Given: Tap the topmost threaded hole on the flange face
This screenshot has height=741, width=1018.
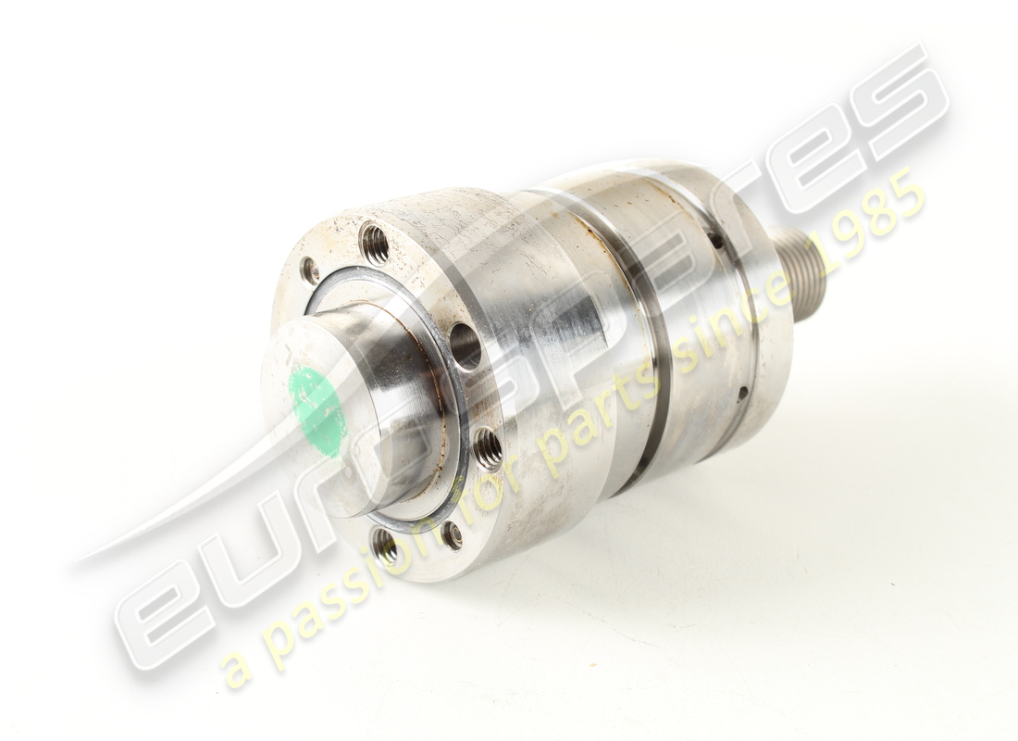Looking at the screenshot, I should [375, 244].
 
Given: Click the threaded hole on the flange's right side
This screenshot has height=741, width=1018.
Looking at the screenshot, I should [487, 448].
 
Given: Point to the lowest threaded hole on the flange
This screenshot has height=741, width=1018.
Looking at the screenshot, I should [386, 547].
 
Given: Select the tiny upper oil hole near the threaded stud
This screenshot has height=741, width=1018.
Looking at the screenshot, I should [717, 240].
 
